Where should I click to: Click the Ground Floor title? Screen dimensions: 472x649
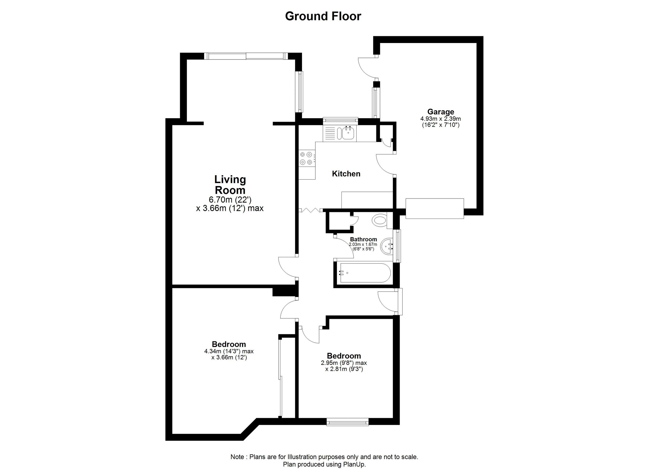pyautogui.click(x=323, y=16)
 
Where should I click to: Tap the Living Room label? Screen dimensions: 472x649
pyautogui.click(x=230, y=185)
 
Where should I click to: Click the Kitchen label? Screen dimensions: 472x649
pyautogui.click(x=346, y=174)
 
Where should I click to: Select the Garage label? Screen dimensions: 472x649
pyautogui.click(x=441, y=112)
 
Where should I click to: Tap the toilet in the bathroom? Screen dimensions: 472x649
pyautogui.click(x=380, y=221)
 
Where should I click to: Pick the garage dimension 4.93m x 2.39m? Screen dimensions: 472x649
pyautogui.click(x=441, y=118)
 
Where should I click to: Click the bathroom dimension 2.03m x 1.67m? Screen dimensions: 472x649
pyautogui.click(x=363, y=245)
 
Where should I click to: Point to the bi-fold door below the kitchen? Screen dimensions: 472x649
pyautogui.click(x=311, y=210)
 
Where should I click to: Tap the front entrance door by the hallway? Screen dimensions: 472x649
pyautogui.click(x=388, y=302)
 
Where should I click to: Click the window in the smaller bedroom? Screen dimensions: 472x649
pyautogui.click(x=347, y=422)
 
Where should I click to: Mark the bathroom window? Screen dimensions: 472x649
pyautogui.click(x=398, y=246)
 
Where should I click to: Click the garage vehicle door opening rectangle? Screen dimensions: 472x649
pyautogui.click(x=434, y=208)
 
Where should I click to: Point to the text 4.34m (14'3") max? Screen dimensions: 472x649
pyautogui.click(x=229, y=351)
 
